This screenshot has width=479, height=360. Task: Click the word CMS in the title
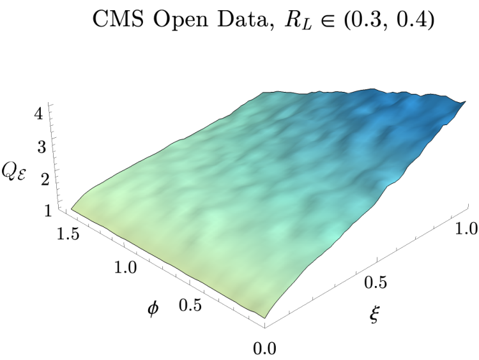tap(118, 20)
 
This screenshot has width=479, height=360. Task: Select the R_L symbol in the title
tap(298, 21)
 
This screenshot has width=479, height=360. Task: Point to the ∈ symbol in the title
tap(328, 21)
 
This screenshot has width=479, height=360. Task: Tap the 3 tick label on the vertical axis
tap(42, 147)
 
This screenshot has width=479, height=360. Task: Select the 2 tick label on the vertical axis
tap(45, 179)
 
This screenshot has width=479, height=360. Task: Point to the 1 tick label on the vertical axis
tap(49, 211)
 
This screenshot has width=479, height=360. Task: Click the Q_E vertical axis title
tap(13, 172)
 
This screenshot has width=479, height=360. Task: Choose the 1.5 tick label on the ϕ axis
tap(68, 235)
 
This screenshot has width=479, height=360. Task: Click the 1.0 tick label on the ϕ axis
tap(126, 267)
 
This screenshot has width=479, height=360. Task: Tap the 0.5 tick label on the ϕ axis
tap(190, 304)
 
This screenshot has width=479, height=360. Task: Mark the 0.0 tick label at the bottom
tap(264, 348)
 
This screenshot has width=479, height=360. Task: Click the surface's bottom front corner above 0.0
tap(265, 319)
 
